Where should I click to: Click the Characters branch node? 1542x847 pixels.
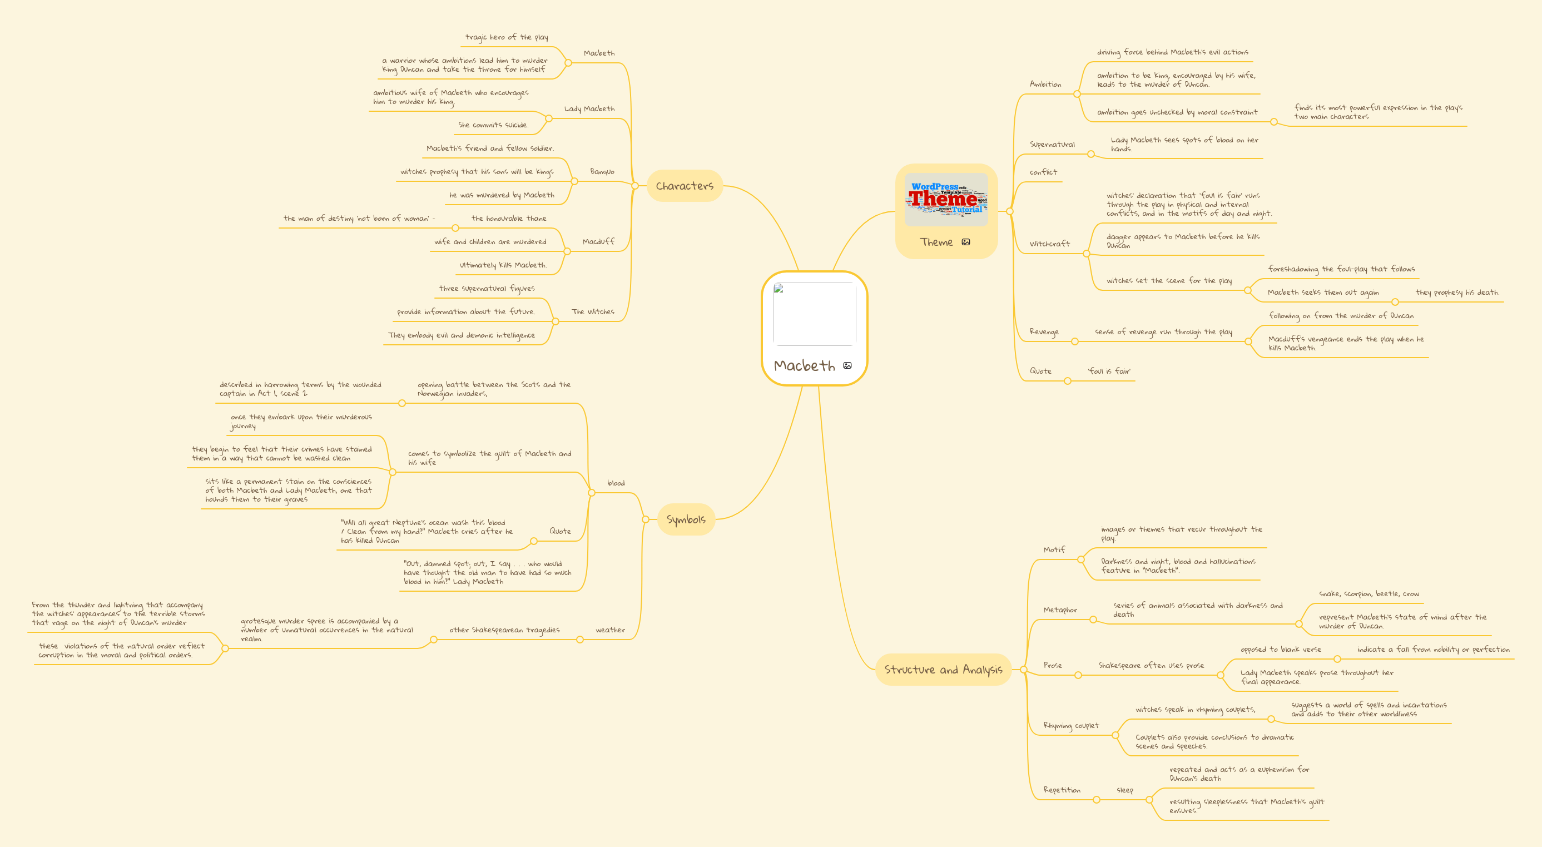[685, 186]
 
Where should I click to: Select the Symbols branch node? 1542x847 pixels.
[686, 519]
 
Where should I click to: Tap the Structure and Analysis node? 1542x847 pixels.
[943, 670]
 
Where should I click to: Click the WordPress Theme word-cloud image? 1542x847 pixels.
[946, 199]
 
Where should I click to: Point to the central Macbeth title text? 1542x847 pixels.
[804, 366]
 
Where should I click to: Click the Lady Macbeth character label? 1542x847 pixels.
[589, 109]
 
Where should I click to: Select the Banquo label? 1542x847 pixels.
[602, 172]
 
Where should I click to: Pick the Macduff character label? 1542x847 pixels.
[598, 242]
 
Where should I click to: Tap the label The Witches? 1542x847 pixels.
[593, 312]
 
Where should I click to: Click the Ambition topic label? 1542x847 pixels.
[1045, 85]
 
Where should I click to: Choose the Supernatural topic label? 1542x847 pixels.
[1052, 144]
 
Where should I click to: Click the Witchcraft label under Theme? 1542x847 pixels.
[1049, 244]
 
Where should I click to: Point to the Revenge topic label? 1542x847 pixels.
[1044, 331]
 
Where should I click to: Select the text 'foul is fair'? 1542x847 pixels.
[1109, 371]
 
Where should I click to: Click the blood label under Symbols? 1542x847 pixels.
[616, 483]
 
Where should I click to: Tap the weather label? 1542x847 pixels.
[610, 630]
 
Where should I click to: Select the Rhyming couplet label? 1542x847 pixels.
[1071, 726]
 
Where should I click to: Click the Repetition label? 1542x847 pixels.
[1062, 790]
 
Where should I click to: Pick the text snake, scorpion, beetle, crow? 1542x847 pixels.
[1369, 594]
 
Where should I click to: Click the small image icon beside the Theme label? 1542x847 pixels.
[965, 242]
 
